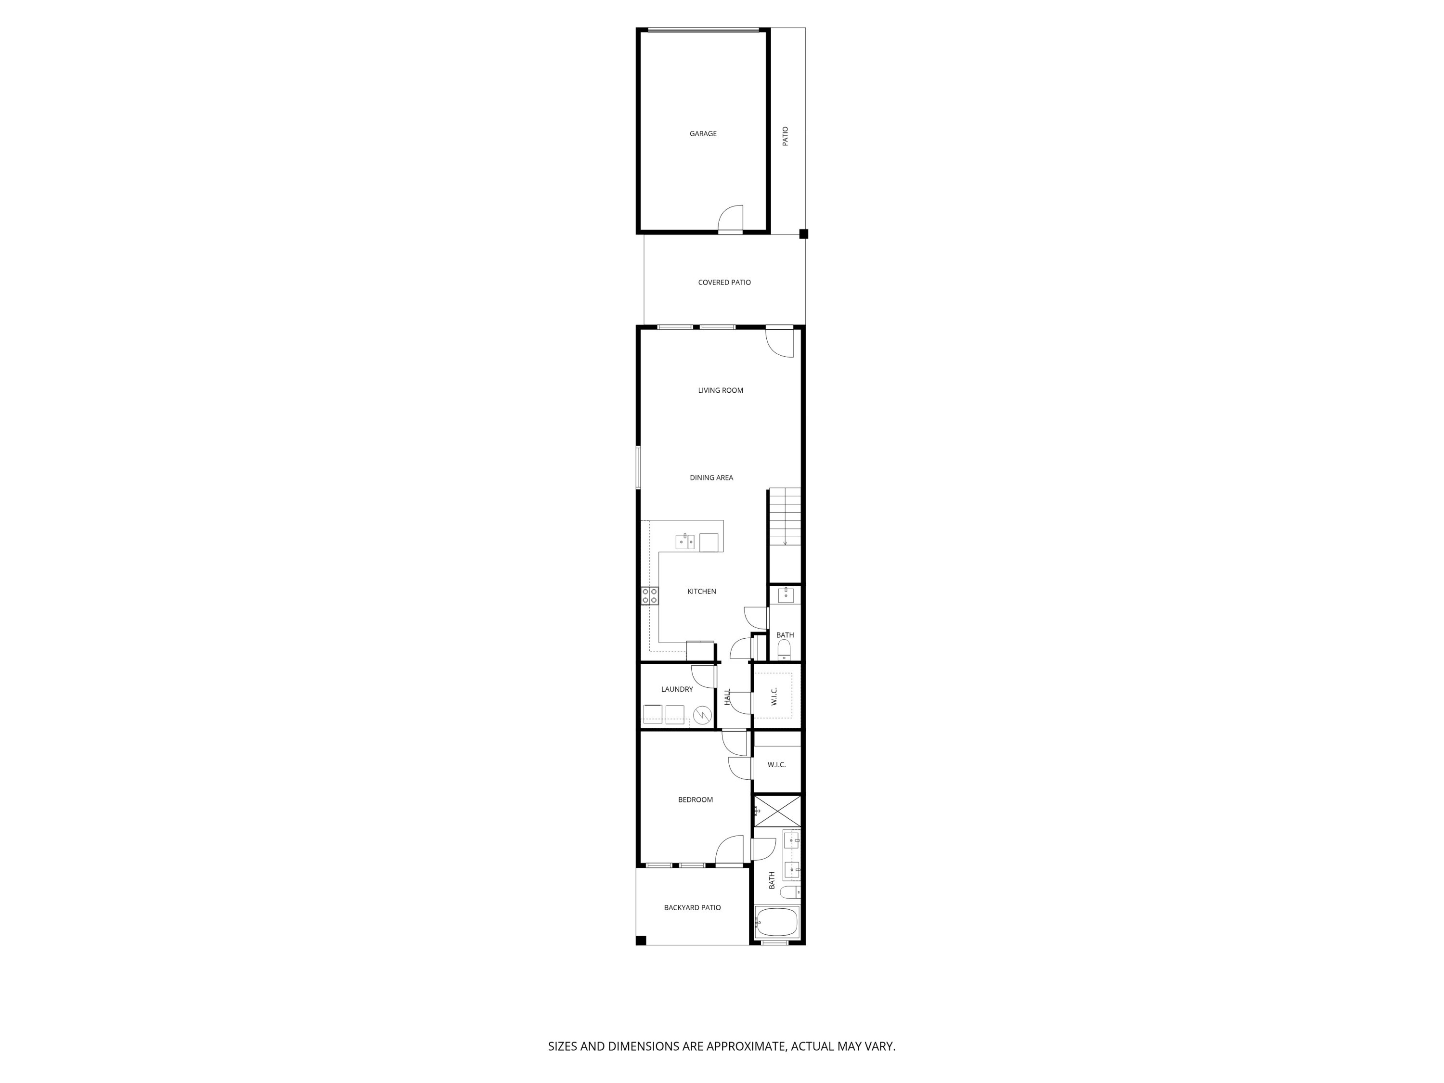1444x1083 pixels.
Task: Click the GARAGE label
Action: pyautogui.click(x=703, y=134)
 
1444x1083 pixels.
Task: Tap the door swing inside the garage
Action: pyautogui.click(x=732, y=219)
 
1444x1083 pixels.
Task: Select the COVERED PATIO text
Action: pyautogui.click(x=724, y=283)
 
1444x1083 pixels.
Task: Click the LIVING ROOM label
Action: pyautogui.click(x=720, y=390)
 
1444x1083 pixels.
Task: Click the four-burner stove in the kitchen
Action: pyautogui.click(x=649, y=595)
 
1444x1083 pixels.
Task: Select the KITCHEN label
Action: pyautogui.click(x=702, y=592)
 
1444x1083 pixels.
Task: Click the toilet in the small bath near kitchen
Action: pyautogui.click(x=784, y=649)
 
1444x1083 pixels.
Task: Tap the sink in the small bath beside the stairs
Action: pyautogui.click(x=786, y=595)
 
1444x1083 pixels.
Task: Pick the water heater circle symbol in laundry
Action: pyautogui.click(x=702, y=715)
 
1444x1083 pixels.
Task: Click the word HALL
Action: pyautogui.click(x=728, y=696)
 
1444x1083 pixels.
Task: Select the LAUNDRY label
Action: pyautogui.click(x=677, y=689)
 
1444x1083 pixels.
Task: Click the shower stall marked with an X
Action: pyautogui.click(x=777, y=811)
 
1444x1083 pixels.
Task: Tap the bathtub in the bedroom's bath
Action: pyautogui.click(x=777, y=922)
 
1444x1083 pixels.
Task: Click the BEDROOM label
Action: pyautogui.click(x=695, y=799)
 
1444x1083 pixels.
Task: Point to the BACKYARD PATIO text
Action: pyautogui.click(x=692, y=907)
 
